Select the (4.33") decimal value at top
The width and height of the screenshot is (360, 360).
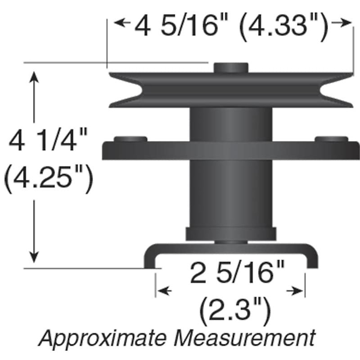tap(283, 27)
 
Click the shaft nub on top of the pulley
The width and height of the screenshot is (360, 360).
tap(231, 67)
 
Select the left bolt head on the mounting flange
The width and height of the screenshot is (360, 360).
tap(130, 140)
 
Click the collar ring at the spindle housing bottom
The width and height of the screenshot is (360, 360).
tap(231, 234)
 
